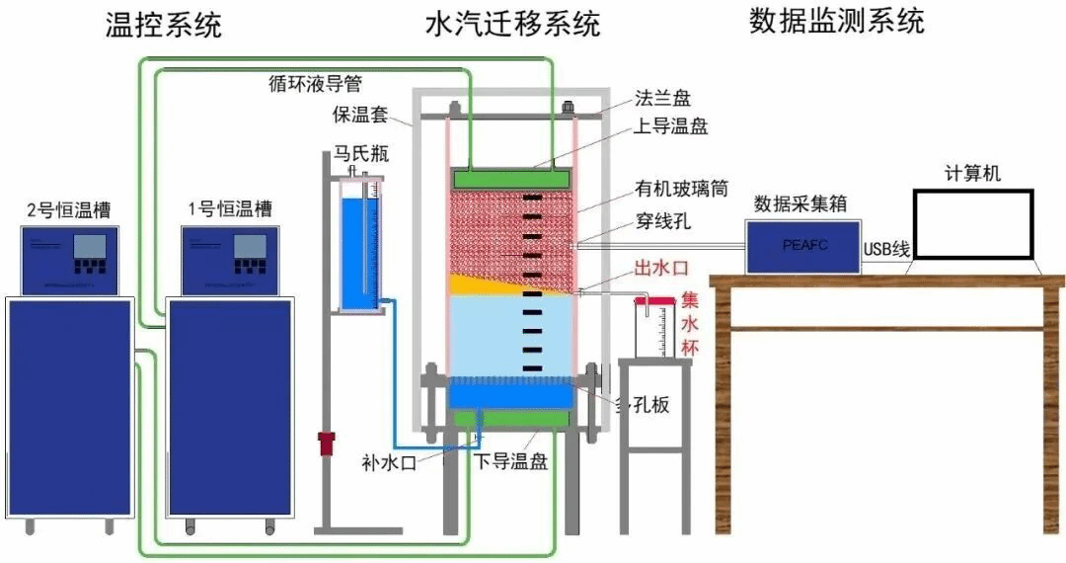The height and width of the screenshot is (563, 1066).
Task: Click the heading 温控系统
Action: click(164, 26)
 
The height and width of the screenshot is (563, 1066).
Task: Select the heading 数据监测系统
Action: click(837, 22)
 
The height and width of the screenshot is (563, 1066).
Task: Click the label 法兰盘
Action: click(662, 99)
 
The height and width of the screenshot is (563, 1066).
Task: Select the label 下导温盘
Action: click(510, 462)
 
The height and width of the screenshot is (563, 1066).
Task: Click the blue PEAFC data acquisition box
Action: click(801, 246)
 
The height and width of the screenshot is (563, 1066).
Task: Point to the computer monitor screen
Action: click(972, 226)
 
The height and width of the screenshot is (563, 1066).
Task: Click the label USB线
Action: click(886, 249)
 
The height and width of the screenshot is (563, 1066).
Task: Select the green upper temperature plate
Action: click(511, 178)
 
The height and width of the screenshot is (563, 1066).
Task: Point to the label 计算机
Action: click(971, 173)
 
